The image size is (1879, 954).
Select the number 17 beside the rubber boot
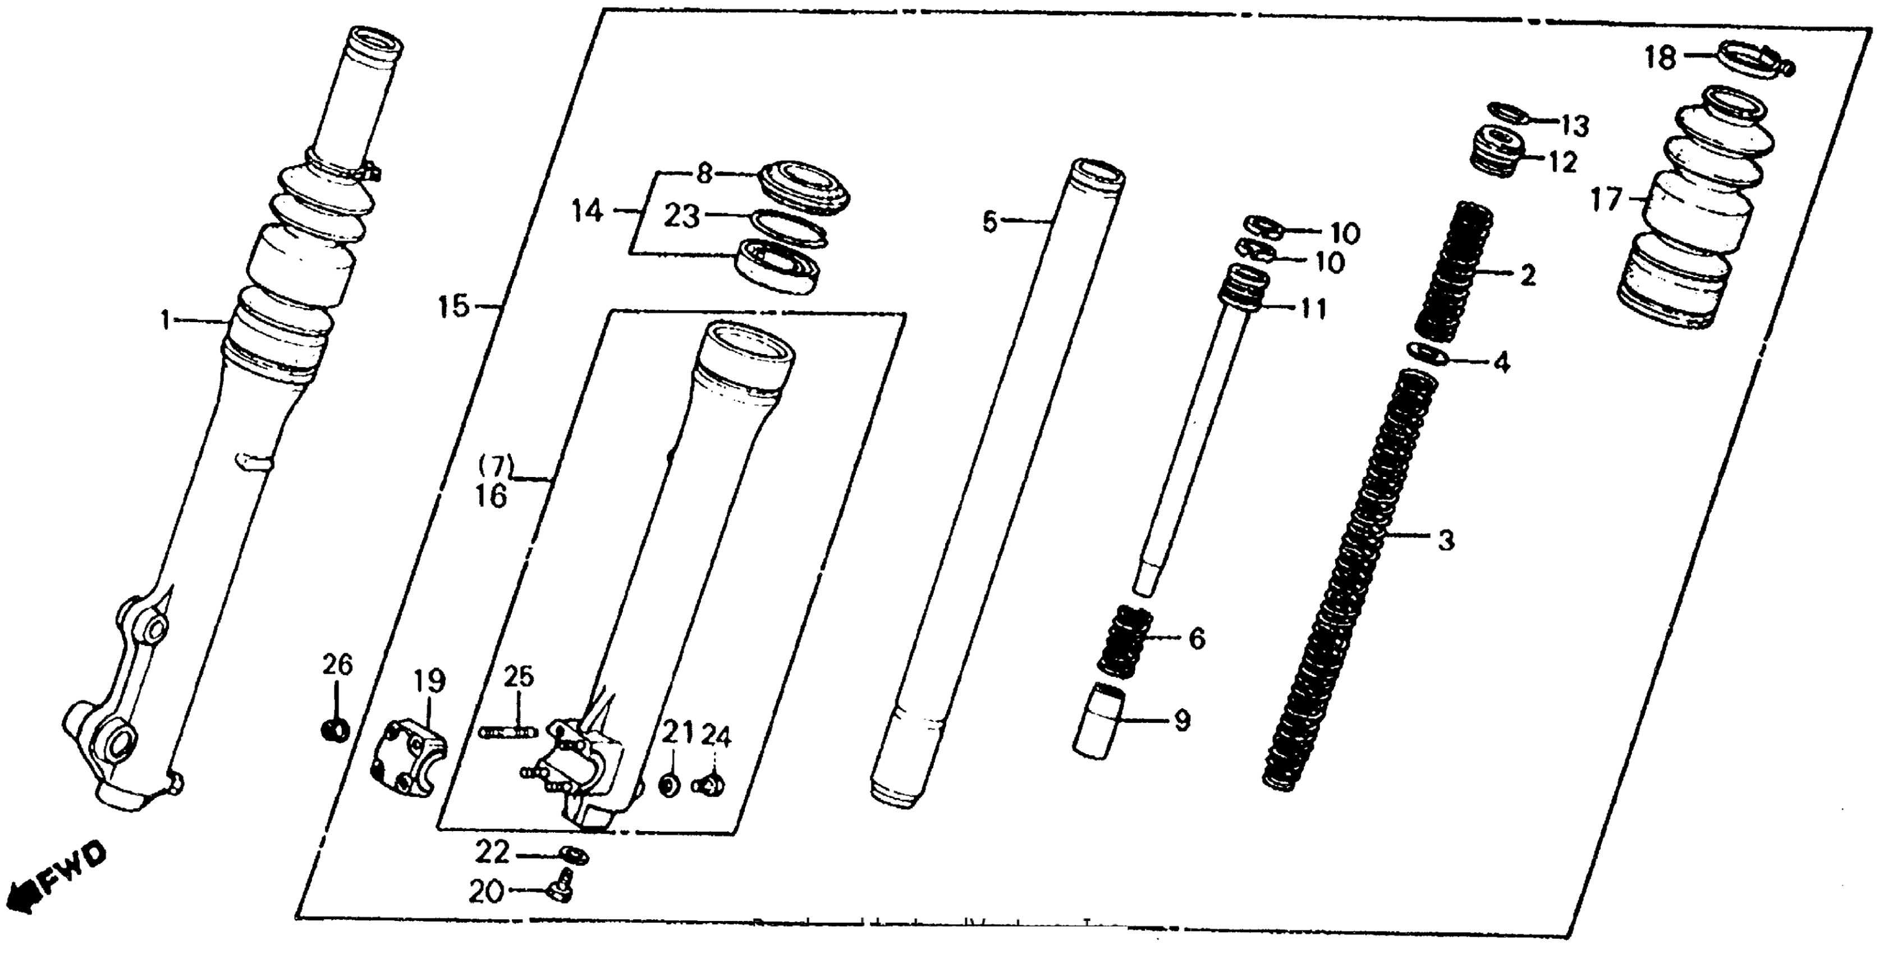point(1605,199)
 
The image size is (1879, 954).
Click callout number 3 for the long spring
point(1445,540)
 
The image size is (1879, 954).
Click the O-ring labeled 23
point(789,227)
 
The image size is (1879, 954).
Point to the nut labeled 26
point(335,728)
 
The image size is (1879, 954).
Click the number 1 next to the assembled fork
point(166,319)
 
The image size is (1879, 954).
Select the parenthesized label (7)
point(496,464)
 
